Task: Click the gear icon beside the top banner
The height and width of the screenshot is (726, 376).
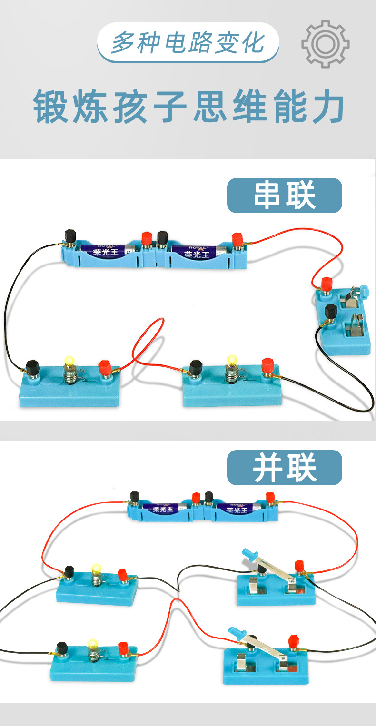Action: point(325,44)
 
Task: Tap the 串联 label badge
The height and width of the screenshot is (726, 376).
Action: point(284,196)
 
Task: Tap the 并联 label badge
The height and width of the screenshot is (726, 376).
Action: point(284,468)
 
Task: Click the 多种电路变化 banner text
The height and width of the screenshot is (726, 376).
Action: point(188,43)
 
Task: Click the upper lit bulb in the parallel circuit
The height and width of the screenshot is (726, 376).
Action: point(97,569)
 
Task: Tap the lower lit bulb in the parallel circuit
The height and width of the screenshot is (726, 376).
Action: point(93,645)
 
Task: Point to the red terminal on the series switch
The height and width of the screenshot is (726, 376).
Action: point(327,284)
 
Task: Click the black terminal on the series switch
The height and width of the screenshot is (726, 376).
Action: point(330,312)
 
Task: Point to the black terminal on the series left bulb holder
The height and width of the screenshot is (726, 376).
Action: point(32,367)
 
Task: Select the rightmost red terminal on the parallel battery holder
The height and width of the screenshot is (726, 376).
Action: point(271,498)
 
